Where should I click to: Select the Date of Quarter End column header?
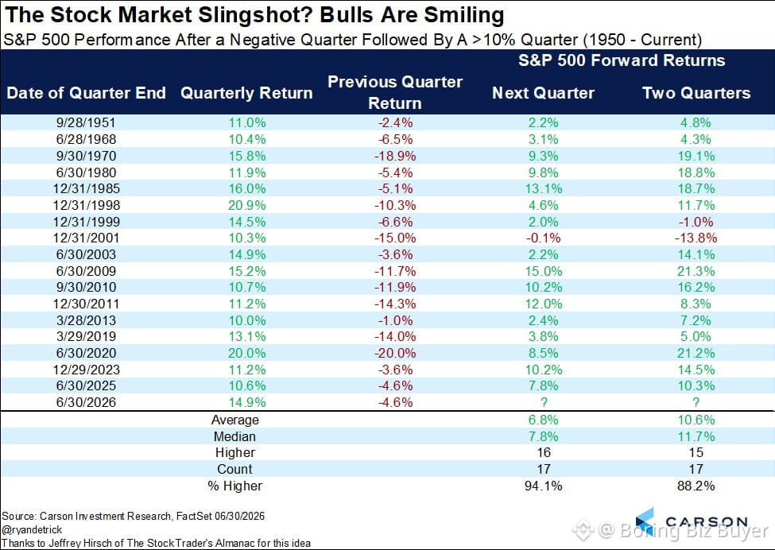tap(86, 93)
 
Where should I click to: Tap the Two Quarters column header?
tap(696, 93)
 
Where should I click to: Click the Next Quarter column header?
tap(543, 93)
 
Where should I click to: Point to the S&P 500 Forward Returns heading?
tap(622, 60)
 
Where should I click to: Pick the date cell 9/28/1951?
tap(86, 122)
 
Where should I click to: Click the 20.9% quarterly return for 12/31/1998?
tap(246, 205)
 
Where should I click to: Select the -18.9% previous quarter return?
tap(395, 156)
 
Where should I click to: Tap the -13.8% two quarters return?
tap(696, 238)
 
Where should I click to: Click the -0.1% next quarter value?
tap(543, 238)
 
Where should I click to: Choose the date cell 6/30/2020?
tap(86, 354)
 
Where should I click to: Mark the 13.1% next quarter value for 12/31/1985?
tap(543, 189)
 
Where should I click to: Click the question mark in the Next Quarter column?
tap(544, 402)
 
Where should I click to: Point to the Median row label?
tap(234, 437)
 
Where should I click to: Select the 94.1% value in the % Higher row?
tap(543, 486)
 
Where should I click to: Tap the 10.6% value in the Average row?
tap(696, 420)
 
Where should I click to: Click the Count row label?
tap(234, 470)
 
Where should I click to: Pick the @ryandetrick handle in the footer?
tap(32, 530)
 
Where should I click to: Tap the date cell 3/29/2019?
tap(86, 336)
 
